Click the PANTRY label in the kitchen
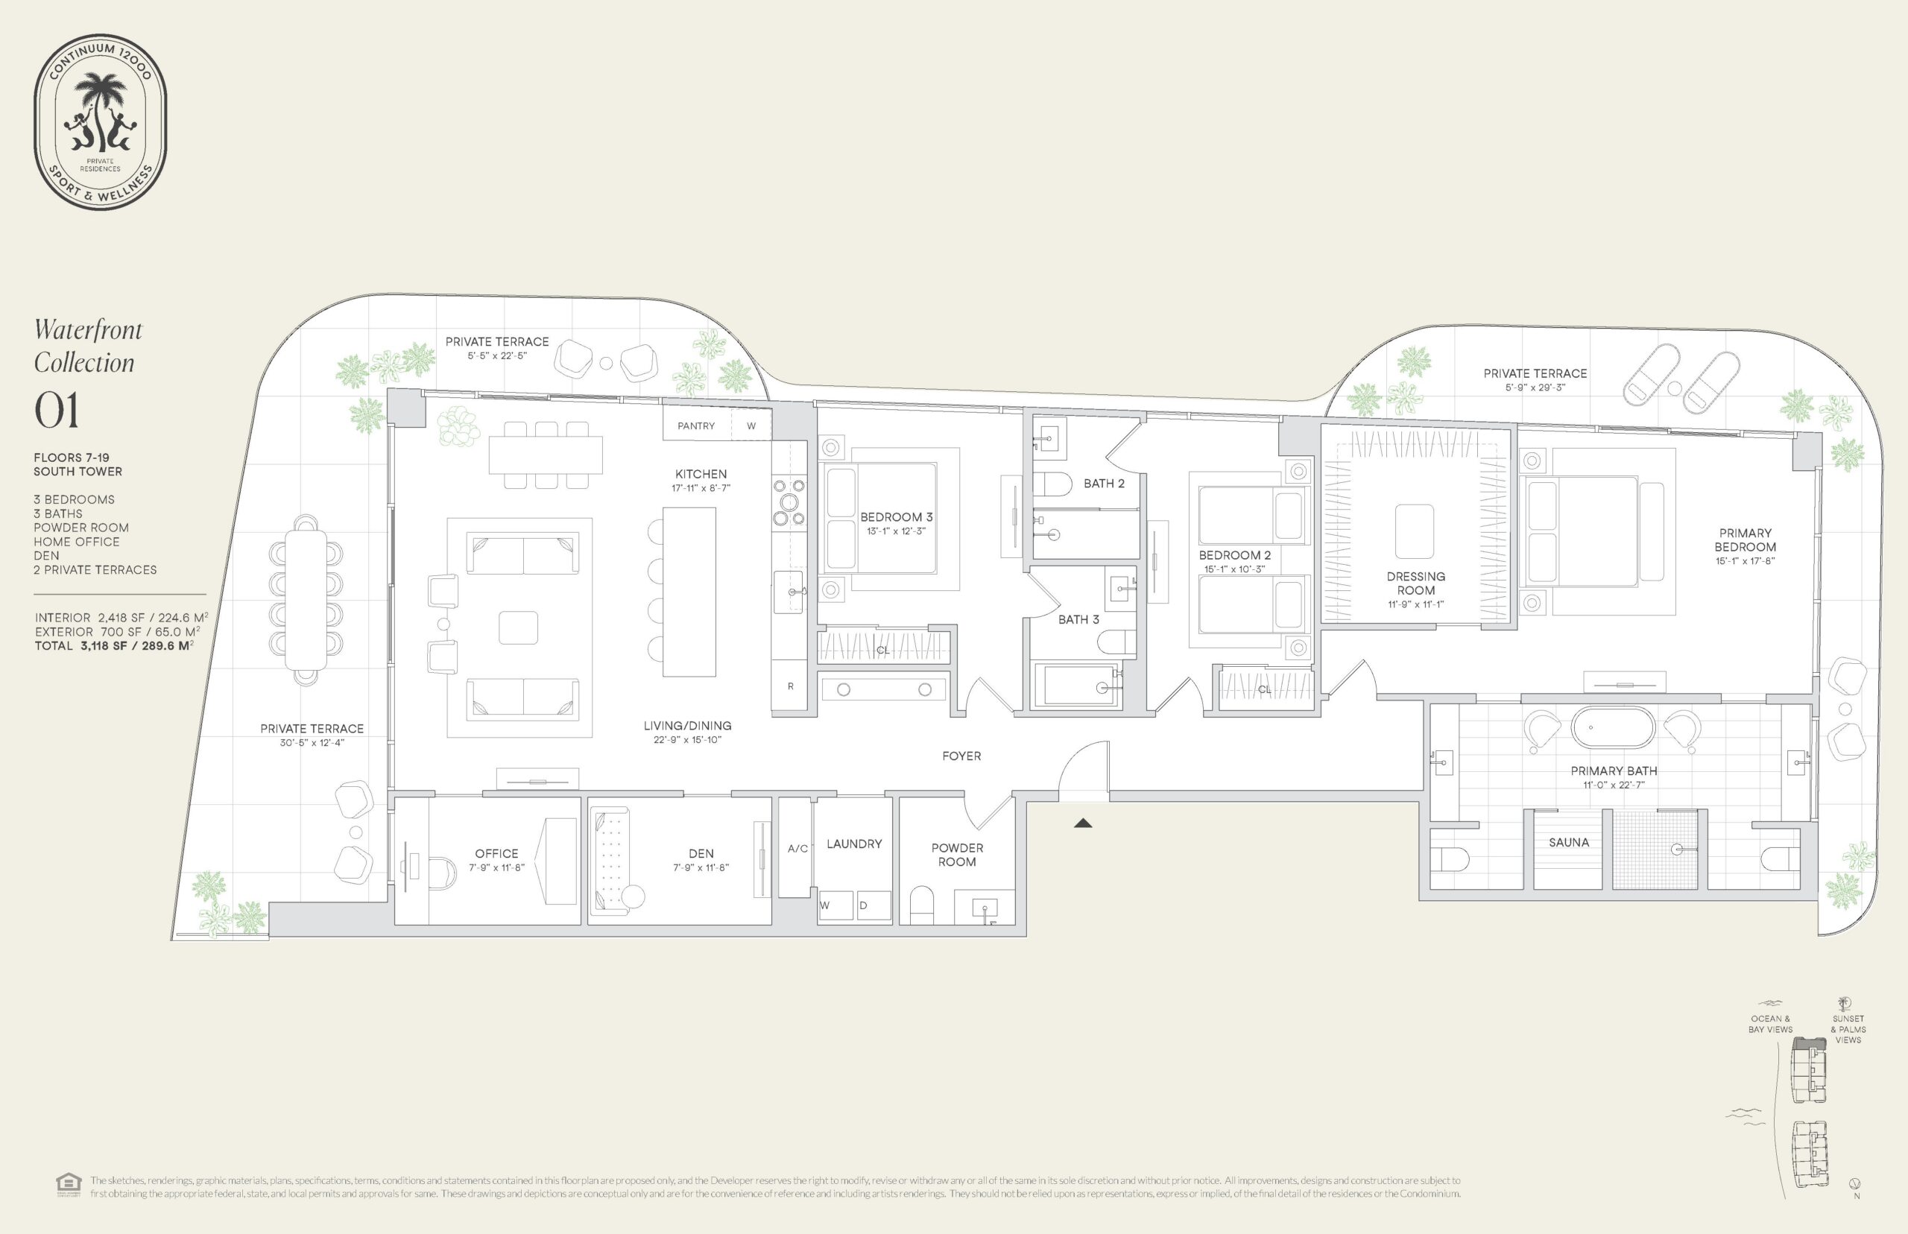coord(695,425)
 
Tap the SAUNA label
coord(1568,842)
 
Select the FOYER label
coord(961,756)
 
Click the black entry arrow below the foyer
coord(1083,822)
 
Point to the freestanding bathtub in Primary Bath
coord(1612,727)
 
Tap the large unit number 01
coord(57,411)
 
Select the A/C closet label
coord(797,849)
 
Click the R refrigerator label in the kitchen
coord(790,686)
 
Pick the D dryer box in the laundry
coord(872,905)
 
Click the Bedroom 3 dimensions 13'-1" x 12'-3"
coord(896,531)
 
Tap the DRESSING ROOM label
coord(1415,583)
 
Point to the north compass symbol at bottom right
coord(1854,1183)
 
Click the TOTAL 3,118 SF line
coord(114,646)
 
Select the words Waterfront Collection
coord(88,347)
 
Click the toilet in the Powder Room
coord(923,905)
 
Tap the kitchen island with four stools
coord(689,592)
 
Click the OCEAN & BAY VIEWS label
coord(1770,1024)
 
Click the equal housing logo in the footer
coord(68,1185)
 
